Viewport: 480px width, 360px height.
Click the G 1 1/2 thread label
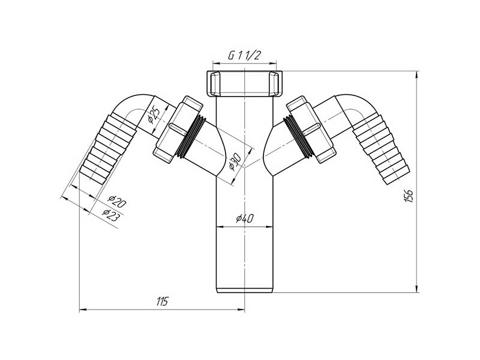click(244, 55)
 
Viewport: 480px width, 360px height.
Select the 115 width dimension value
click(162, 302)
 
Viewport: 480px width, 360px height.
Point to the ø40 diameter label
click(245, 218)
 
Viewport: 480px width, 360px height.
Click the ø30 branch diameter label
click(236, 161)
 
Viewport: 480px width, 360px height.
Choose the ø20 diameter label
click(116, 202)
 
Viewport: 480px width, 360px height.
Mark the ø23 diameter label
click(110, 215)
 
